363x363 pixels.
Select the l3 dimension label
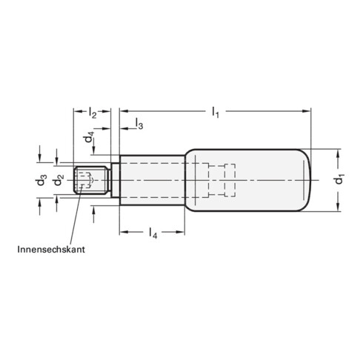point(139,127)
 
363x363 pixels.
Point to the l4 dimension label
point(153,235)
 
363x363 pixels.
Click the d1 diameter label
point(340,180)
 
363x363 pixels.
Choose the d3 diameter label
point(44,180)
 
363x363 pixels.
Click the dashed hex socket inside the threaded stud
point(88,179)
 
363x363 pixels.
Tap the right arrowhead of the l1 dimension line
point(306,112)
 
